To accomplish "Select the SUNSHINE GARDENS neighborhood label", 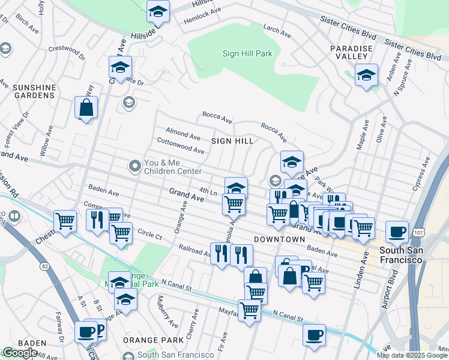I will click(x=34, y=91).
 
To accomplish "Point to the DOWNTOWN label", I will click(x=279, y=239).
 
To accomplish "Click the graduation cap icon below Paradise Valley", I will click(x=366, y=76).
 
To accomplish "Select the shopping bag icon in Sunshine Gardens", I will click(x=86, y=108).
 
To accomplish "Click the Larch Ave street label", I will click(x=277, y=31).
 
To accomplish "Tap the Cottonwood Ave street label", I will click(x=181, y=146).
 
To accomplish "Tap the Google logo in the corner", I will click(x=20, y=353).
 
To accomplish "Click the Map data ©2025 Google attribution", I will click(x=412, y=355).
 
